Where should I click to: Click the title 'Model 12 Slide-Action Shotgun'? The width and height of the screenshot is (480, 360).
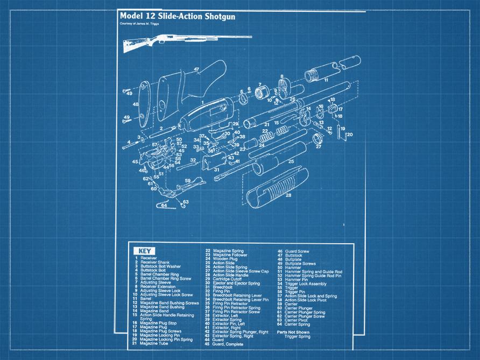[x=178, y=17]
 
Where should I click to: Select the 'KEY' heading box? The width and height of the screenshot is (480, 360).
[x=144, y=251]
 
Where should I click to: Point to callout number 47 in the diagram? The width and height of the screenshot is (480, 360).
[x=196, y=69]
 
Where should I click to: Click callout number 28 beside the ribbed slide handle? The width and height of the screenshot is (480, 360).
[x=288, y=195]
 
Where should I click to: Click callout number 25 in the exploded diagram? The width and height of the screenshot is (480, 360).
[x=291, y=161]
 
